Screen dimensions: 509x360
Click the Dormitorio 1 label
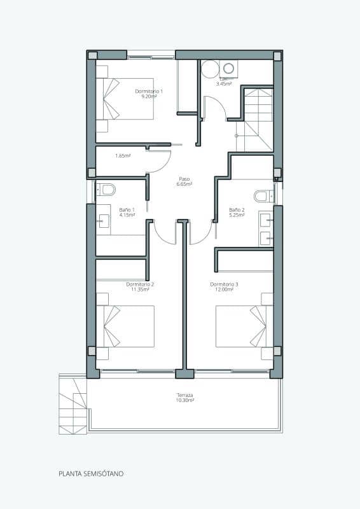pyautogui.click(x=149, y=91)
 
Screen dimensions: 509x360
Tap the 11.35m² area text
pyautogui.click(x=140, y=289)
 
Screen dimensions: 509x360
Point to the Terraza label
pyautogui.click(x=185, y=395)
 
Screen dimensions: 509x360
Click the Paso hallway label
pyautogui.click(x=184, y=179)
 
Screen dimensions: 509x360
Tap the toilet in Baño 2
pyautogui.click(x=263, y=196)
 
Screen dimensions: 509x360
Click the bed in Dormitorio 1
pyautogui.click(x=125, y=99)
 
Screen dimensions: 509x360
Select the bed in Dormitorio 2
pyautogui.click(x=125, y=326)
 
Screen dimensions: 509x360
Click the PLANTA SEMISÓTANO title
pyautogui.click(x=91, y=474)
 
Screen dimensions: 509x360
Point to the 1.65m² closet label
pyautogui.click(x=123, y=155)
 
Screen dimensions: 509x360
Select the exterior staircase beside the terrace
pyautogui.click(x=73, y=405)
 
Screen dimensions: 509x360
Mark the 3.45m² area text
pyautogui.click(x=223, y=83)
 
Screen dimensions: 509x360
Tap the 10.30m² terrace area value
pyautogui.click(x=185, y=401)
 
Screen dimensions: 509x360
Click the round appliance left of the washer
pyautogui.click(x=209, y=69)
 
